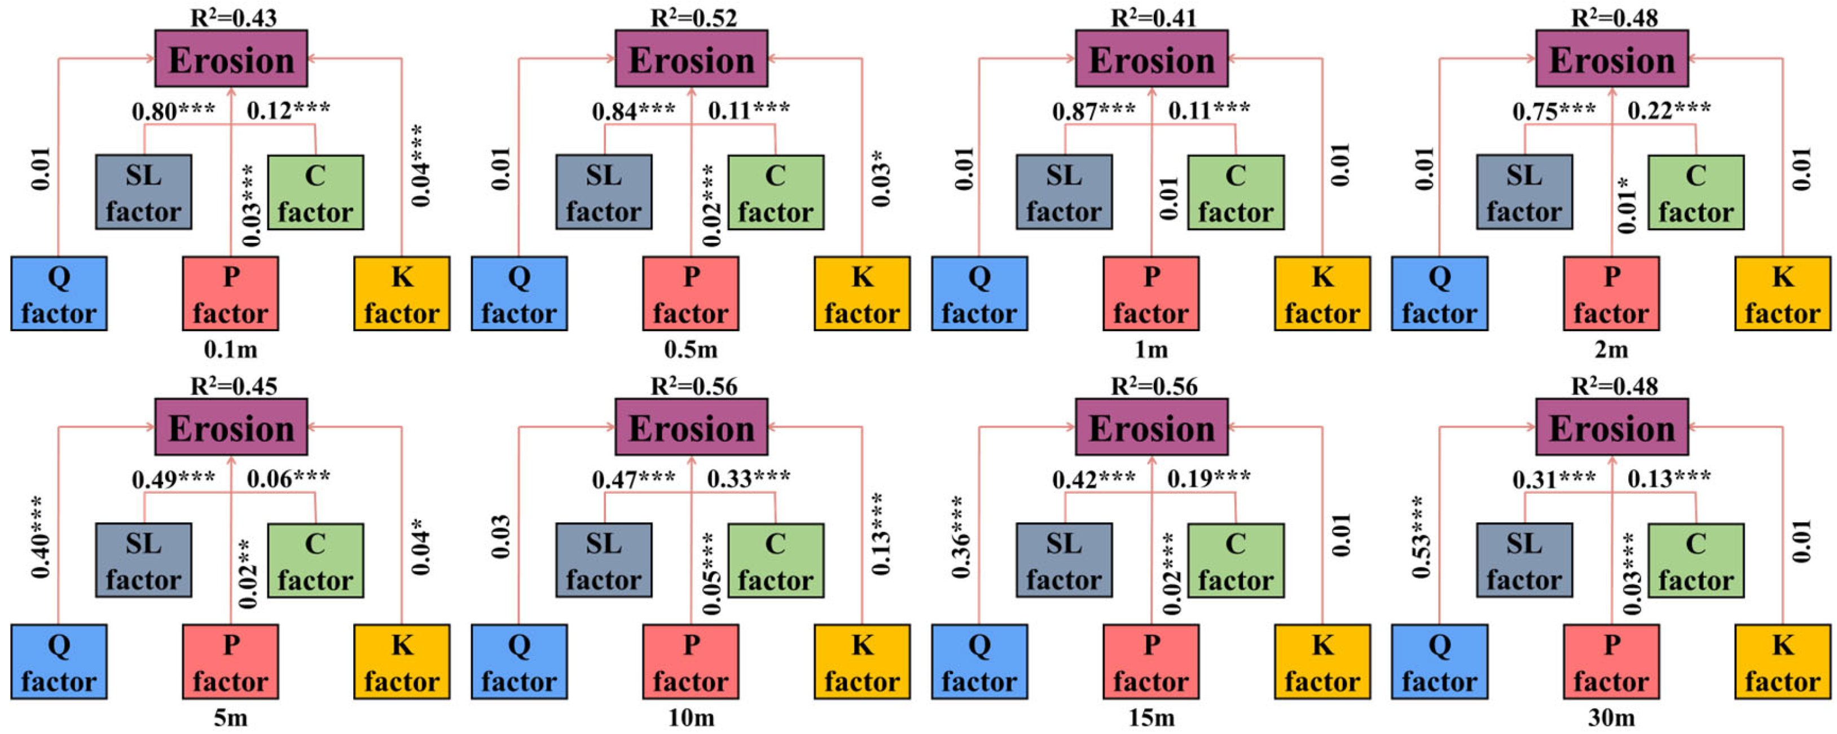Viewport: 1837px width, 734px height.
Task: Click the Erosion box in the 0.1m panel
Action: (231, 59)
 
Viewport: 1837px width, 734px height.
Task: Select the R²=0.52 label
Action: (693, 17)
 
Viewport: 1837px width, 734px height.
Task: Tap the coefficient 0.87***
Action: (1093, 111)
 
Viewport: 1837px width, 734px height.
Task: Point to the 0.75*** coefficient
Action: (1554, 111)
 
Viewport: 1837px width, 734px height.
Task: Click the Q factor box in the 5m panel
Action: (59, 661)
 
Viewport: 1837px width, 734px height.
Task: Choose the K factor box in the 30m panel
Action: (1782, 661)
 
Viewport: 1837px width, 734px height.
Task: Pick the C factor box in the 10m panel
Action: (775, 561)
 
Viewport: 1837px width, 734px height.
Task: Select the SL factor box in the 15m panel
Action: (1063, 561)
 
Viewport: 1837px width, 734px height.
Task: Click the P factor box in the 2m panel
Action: (1611, 293)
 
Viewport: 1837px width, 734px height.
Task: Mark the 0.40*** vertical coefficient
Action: (40, 537)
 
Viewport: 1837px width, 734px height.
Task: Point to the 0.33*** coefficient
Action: (748, 478)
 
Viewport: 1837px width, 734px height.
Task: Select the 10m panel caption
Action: (691, 717)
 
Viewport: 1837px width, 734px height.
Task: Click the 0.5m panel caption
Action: (691, 349)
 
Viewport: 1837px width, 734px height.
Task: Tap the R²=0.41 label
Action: (1153, 17)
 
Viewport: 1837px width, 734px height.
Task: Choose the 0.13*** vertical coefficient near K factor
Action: (881, 534)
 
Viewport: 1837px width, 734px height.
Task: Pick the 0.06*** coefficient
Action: (288, 478)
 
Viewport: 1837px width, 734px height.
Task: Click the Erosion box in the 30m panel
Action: (1612, 427)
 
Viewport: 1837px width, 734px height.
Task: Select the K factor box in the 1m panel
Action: (1322, 293)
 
